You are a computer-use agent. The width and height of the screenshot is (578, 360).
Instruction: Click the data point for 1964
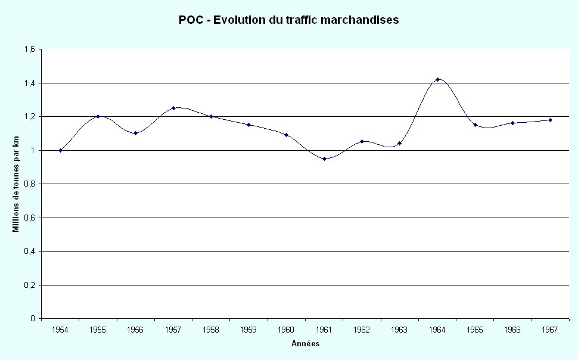[437, 79]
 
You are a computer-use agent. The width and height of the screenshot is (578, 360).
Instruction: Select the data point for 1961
[324, 159]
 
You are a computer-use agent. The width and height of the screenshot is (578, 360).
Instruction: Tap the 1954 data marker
[60, 150]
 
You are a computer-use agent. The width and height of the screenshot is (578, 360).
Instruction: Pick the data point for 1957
[173, 108]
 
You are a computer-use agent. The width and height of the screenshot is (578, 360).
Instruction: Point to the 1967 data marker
[550, 120]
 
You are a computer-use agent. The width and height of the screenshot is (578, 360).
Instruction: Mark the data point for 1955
[98, 116]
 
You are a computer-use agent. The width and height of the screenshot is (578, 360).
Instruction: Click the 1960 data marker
[286, 135]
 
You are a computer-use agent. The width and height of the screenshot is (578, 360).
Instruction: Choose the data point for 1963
[399, 143]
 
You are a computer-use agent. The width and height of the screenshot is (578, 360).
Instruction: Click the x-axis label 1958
[211, 329]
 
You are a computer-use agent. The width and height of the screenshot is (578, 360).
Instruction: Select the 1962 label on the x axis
[362, 329]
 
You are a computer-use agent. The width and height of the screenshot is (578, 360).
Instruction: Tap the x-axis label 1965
[475, 329]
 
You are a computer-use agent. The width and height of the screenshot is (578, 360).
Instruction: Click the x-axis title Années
[305, 344]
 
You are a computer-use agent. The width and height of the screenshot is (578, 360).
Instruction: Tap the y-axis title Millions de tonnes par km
[16, 184]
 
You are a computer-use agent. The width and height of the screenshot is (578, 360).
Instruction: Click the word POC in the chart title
[190, 20]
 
